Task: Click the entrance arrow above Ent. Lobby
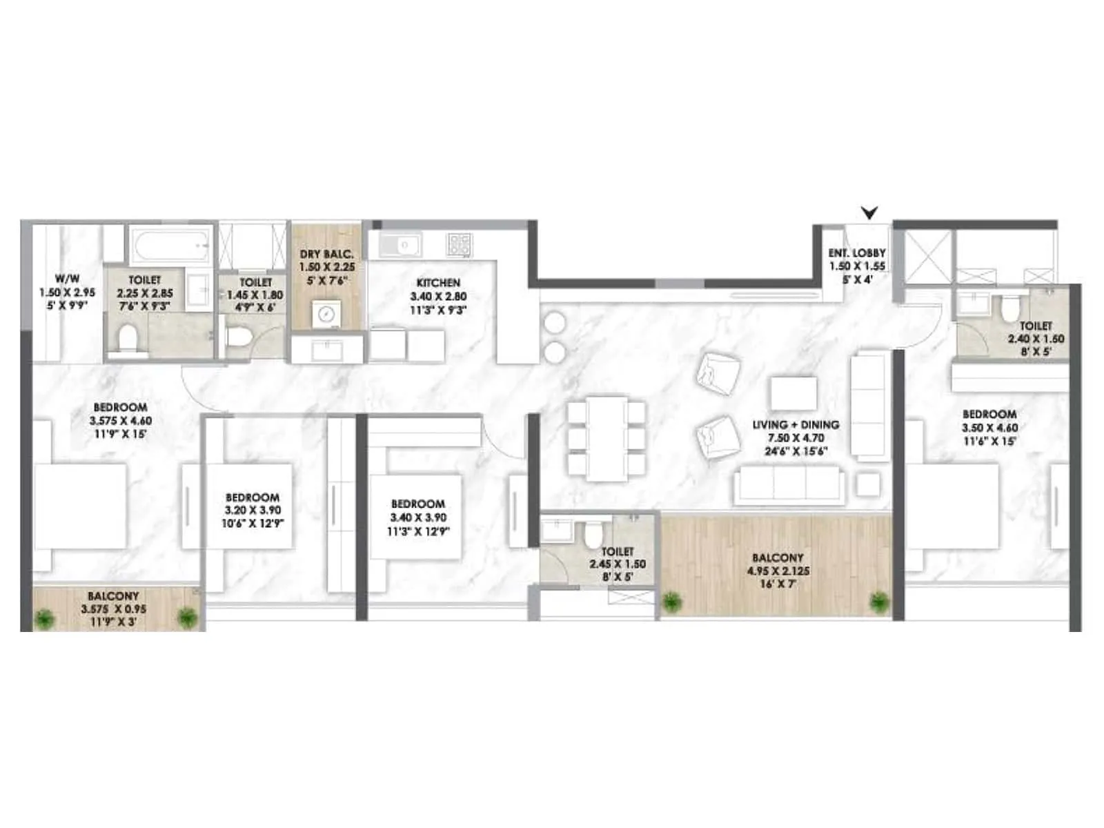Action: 870,213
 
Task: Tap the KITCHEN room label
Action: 438,283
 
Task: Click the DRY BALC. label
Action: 326,255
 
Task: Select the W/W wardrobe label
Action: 67,279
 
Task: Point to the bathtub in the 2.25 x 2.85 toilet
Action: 169,244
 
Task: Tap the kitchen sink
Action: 402,244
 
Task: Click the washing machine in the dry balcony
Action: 326,315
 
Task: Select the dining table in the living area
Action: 607,438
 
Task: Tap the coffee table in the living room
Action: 793,393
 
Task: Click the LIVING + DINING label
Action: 796,425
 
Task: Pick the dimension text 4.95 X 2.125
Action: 778,571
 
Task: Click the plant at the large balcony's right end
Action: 879,602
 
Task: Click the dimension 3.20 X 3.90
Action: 253,511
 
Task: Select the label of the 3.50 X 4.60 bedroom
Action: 989,414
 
